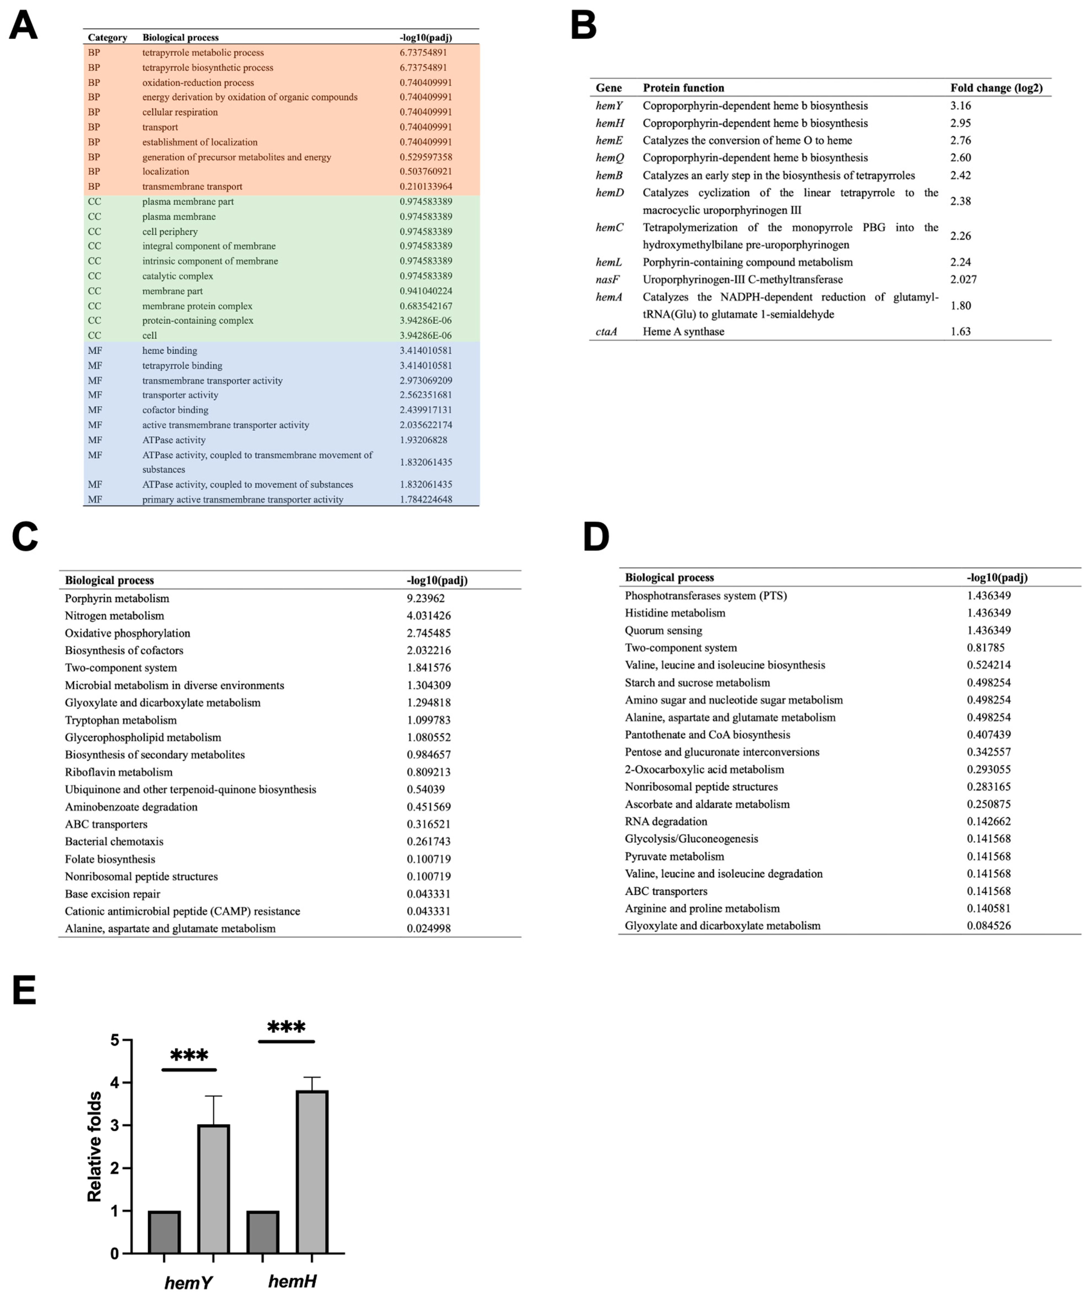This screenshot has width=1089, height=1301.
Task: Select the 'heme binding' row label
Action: click(x=170, y=351)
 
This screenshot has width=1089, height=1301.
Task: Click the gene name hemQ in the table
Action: click(x=610, y=158)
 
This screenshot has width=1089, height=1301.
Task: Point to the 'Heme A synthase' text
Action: click(x=683, y=331)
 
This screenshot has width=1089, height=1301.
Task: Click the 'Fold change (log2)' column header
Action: click(x=996, y=88)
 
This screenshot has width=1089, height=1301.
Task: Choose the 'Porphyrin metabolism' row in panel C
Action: click(x=117, y=599)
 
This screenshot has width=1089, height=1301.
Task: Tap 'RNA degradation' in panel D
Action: click(x=666, y=822)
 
